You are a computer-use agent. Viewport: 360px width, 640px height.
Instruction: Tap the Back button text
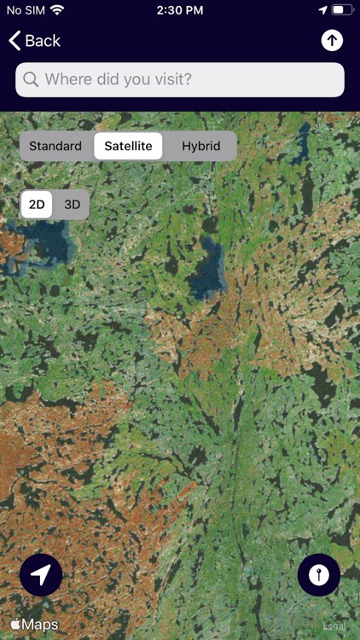43,41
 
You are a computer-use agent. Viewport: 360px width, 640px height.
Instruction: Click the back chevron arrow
15,41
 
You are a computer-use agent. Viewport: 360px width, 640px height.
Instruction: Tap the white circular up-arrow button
332,41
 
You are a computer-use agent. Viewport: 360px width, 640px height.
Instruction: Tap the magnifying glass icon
31,79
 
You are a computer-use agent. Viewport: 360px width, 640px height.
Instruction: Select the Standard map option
55,146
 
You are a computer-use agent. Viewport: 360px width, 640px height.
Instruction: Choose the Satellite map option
128,146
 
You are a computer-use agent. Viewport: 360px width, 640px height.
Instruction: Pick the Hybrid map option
200,146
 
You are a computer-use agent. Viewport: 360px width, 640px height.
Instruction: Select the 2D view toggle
37,205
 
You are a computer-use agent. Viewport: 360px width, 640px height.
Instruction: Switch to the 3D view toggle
73,205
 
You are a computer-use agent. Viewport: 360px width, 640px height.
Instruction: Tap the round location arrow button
41,575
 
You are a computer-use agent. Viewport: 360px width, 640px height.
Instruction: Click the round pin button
319,575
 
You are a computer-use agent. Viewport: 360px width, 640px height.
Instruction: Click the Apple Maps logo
35,625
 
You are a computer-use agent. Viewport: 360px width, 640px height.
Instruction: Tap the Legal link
334,626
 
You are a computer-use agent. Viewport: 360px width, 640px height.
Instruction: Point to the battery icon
342,10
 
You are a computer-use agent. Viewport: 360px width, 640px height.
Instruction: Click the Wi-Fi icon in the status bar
57,10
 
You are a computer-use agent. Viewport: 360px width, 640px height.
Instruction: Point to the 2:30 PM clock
180,10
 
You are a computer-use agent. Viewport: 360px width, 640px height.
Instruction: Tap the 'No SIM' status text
24,10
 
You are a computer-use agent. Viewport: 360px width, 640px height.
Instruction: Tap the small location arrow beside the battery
322,10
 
